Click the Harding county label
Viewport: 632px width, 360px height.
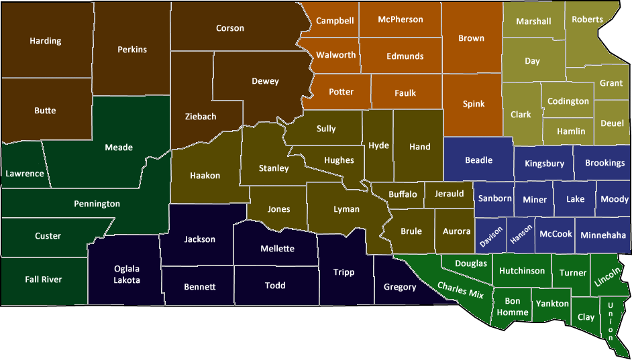pos(46,41)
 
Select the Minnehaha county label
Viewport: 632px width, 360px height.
pos(603,235)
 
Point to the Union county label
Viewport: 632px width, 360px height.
pos(610,320)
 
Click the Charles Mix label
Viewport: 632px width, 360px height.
pos(460,289)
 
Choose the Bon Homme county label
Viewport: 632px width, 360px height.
pos(513,306)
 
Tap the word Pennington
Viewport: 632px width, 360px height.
pos(97,203)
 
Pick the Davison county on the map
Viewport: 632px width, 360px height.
pos(491,235)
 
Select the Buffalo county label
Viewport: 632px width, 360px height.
pos(403,194)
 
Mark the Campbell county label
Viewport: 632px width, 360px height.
pos(335,21)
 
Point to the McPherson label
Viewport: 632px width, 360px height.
pos(401,19)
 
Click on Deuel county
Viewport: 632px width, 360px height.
pos(612,124)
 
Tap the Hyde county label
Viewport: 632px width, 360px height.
pos(378,145)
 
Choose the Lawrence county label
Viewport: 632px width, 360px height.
pos(25,174)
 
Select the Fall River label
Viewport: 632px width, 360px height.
pos(44,279)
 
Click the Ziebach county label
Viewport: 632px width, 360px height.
pos(201,116)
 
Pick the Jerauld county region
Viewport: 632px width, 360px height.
pos(449,194)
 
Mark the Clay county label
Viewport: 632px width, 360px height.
pos(586,316)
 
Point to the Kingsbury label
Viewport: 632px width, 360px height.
pos(544,163)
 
